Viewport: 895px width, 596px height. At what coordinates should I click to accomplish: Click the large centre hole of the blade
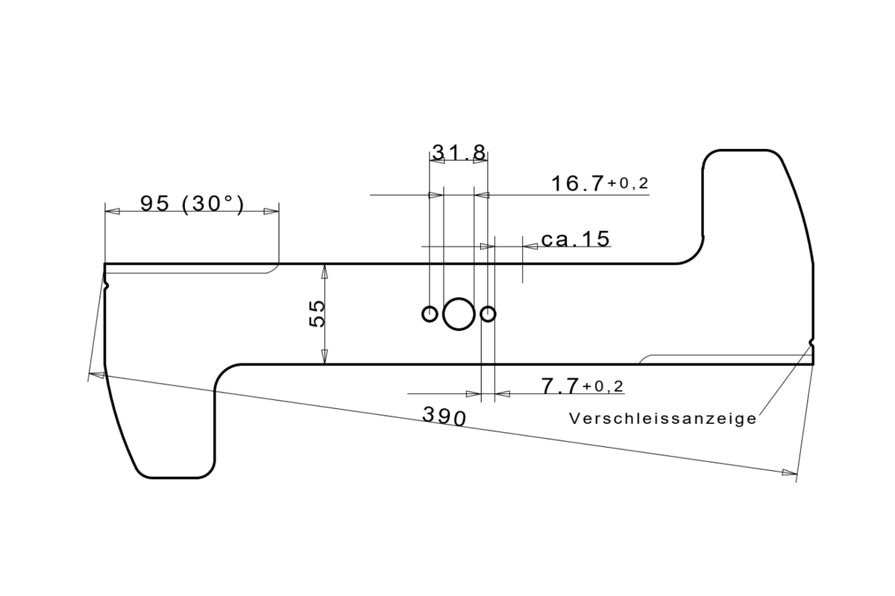pos(459,314)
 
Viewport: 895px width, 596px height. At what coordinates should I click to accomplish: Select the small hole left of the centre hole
pos(430,314)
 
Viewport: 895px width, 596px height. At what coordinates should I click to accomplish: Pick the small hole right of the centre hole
pos(488,314)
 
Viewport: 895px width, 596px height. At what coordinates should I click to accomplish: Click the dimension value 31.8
pos(459,153)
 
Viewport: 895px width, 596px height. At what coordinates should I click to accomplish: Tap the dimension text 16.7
pos(577,183)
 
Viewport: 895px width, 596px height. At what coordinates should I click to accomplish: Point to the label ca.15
pos(575,239)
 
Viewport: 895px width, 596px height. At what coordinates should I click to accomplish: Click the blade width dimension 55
pos(316,314)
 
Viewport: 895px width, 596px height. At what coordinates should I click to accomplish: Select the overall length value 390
pos(445,416)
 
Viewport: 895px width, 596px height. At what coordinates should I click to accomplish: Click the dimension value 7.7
pos(559,386)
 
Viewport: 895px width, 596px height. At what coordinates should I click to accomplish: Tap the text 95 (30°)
pos(192,203)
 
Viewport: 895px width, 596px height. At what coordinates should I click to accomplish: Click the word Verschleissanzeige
pos(662,419)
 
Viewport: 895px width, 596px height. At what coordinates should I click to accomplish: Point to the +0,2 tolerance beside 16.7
pos(628,183)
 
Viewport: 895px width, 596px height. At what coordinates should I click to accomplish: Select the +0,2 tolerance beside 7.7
pos(603,386)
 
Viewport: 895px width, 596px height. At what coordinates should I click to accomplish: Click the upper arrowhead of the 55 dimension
pos(325,270)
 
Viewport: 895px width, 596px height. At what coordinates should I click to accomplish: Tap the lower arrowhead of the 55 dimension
pos(325,358)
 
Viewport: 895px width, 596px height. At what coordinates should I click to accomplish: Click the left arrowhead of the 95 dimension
pos(112,212)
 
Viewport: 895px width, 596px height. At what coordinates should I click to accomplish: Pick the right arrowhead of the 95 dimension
pos(271,212)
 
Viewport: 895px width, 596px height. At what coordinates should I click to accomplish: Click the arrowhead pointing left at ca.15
pos(530,245)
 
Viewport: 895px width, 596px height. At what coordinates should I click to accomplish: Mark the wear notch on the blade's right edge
pos(811,343)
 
